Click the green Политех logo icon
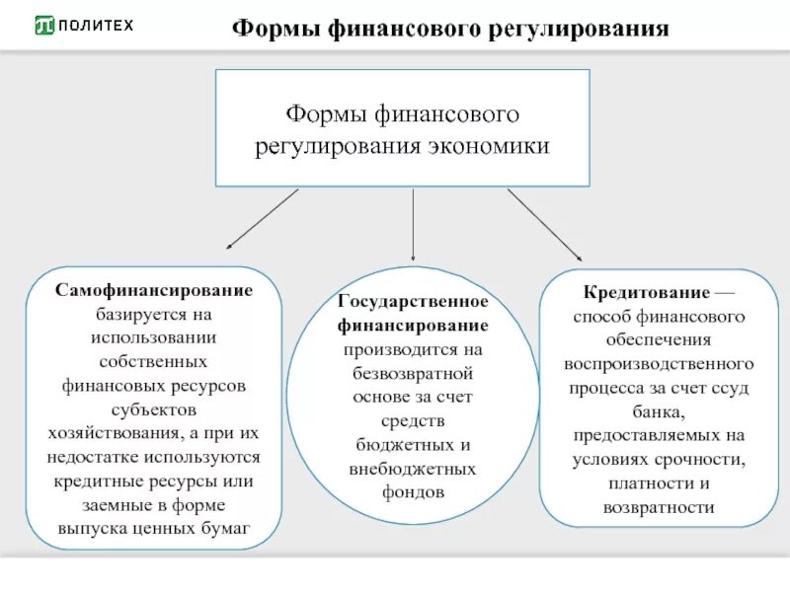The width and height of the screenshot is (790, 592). pyautogui.click(x=44, y=26)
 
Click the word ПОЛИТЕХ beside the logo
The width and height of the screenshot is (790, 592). pyautogui.click(x=97, y=26)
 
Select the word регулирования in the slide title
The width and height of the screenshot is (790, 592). pyautogui.click(x=577, y=29)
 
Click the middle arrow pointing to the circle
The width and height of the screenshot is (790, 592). pyautogui.click(x=413, y=224)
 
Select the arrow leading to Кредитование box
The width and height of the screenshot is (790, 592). pyautogui.click(x=544, y=225)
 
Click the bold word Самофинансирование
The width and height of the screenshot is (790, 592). pyautogui.click(x=153, y=291)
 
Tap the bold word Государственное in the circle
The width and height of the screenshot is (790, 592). pyautogui.click(x=413, y=302)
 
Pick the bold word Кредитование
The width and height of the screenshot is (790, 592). pyautogui.click(x=647, y=293)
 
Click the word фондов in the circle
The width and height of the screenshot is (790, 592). pyautogui.click(x=413, y=491)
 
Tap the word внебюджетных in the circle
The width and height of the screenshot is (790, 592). pyautogui.click(x=413, y=468)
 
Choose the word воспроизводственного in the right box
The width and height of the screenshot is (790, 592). pyautogui.click(x=660, y=364)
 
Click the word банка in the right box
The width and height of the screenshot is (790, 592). pyautogui.click(x=659, y=410)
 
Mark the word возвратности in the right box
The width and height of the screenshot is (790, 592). pyautogui.click(x=659, y=507)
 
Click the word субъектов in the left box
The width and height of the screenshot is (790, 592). pyautogui.click(x=153, y=409)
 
